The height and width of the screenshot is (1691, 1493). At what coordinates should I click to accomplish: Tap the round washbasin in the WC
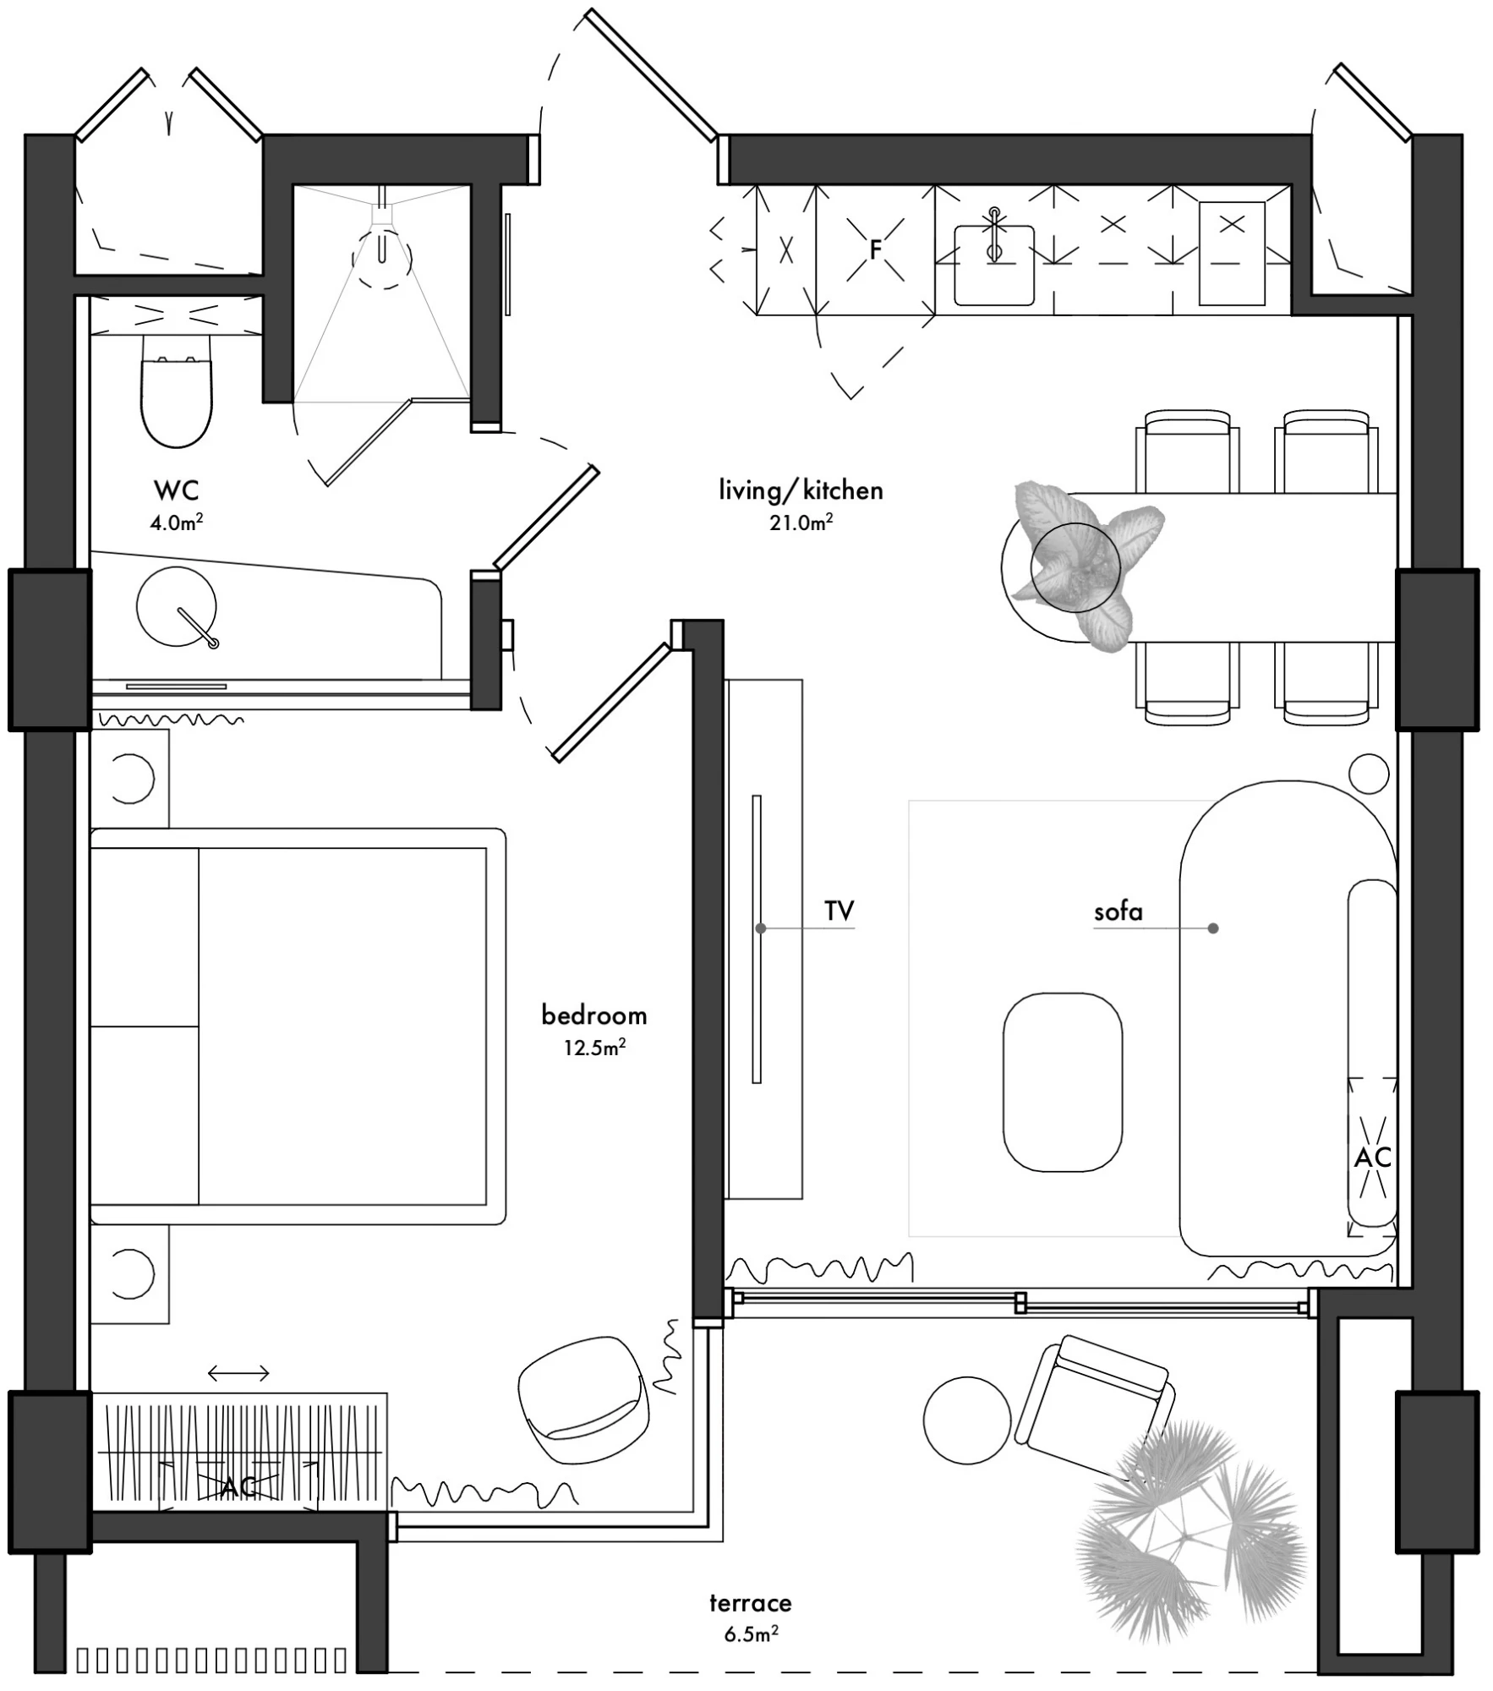coord(177,606)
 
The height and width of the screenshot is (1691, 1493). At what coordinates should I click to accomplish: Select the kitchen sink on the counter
coord(994,264)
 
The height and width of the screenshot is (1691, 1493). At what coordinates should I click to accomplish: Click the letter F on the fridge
coord(876,249)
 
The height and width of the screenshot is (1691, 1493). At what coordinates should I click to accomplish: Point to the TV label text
coord(839,911)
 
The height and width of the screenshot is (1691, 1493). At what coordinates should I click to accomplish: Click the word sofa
coord(1118,911)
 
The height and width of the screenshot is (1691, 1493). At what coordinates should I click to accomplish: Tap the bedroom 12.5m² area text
coord(594,1048)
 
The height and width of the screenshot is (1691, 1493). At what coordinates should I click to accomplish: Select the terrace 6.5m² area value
coord(751,1633)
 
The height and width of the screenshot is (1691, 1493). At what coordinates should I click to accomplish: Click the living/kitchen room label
coord(801,490)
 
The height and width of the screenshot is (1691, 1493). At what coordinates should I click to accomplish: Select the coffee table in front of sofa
coord(1063,1082)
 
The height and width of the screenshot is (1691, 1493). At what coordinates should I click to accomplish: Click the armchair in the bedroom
coord(583,1399)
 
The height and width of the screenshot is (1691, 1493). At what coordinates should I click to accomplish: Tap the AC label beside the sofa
coord(1372,1157)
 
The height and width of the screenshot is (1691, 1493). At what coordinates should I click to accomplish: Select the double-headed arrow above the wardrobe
coord(238,1373)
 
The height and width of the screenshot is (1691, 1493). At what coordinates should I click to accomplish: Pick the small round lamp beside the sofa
coord(1368,773)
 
